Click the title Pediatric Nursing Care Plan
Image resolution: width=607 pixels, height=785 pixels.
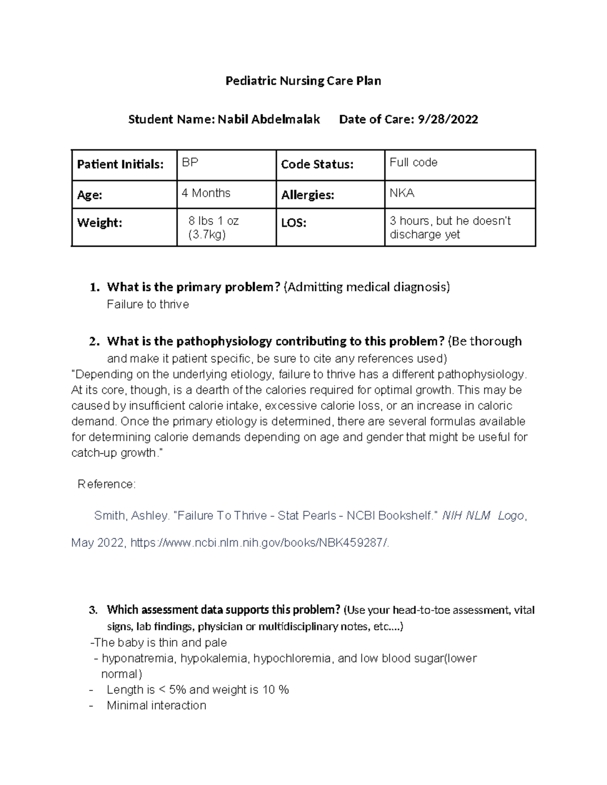coord(303,81)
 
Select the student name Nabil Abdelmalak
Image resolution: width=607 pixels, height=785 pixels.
coord(269,120)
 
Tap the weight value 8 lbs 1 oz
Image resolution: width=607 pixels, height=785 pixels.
coord(213,221)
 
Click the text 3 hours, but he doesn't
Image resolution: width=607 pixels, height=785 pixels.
coord(450,221)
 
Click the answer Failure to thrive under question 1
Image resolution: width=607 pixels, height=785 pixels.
coord(148,304)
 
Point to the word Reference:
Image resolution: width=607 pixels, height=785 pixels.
coord(106,484)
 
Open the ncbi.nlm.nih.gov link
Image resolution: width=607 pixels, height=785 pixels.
coord(260,543)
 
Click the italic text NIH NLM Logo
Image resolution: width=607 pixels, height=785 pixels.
coord(483,516)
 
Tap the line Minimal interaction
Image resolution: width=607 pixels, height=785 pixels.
coord(156,706)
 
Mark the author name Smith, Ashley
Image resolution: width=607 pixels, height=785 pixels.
coord(132,516)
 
